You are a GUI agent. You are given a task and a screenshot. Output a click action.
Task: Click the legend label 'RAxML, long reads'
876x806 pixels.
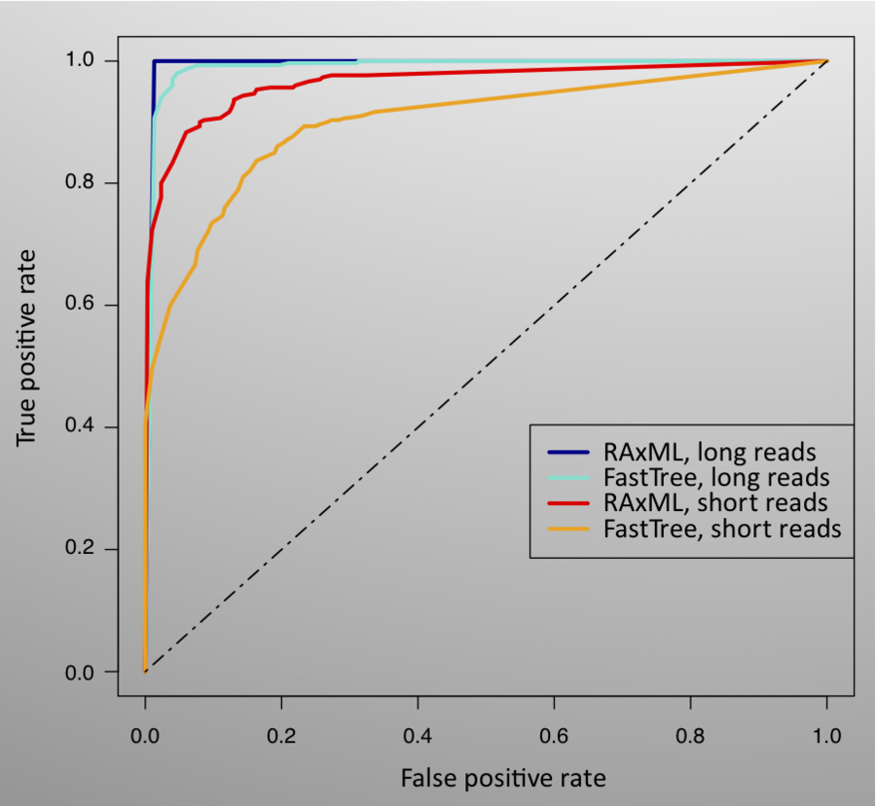[710, 453]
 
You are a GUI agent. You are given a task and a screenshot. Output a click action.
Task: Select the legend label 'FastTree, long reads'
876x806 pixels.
[716, 478]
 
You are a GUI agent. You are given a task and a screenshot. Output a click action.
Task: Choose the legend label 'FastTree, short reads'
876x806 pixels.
[722, 530]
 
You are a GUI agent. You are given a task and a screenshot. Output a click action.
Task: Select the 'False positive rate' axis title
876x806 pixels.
[503, 778]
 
